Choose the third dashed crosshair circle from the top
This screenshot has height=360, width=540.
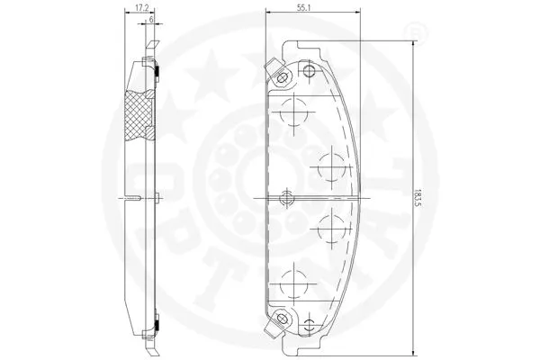tap(331, 226)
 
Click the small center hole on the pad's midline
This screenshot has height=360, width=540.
tap(288, 196)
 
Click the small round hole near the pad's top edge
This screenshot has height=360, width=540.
tap(309, 71)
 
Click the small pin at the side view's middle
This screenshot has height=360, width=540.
tap(157, 197)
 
